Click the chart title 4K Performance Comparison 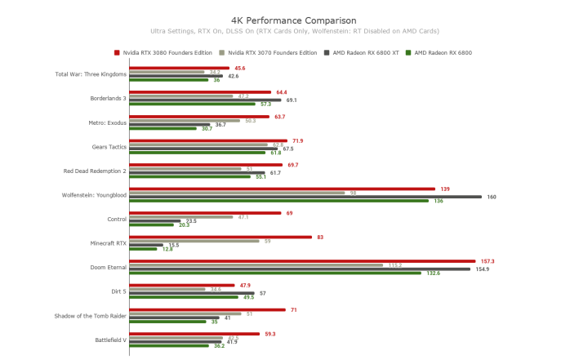[293, 20]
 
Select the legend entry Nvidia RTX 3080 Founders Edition [162, 52]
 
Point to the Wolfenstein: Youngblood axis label [94, 195]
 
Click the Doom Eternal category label [108, 267]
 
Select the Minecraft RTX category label [108, 243]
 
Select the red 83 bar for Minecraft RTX [220, 238]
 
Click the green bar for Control [152, 224]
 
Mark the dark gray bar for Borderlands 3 [205, 100]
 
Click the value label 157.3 [488, 261]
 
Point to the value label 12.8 [167, 249]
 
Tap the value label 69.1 [292, 100]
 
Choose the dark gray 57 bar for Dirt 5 [192, 292]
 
